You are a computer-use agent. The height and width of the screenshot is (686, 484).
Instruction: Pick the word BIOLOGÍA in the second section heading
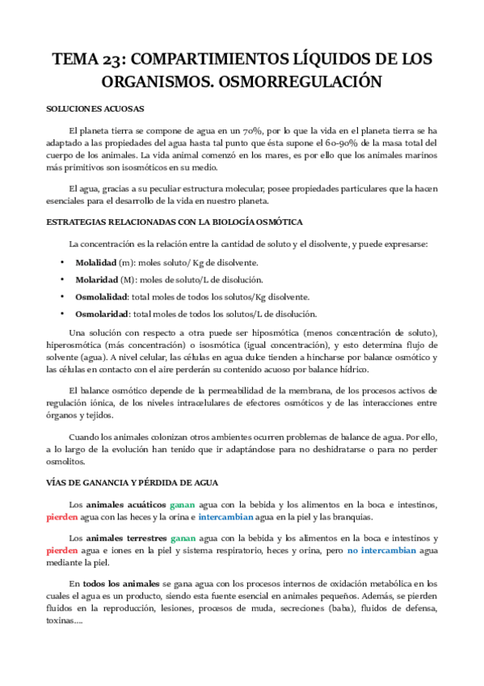tap(234, 222)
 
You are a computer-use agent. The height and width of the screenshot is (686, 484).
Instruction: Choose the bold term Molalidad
tap(95, 262)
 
